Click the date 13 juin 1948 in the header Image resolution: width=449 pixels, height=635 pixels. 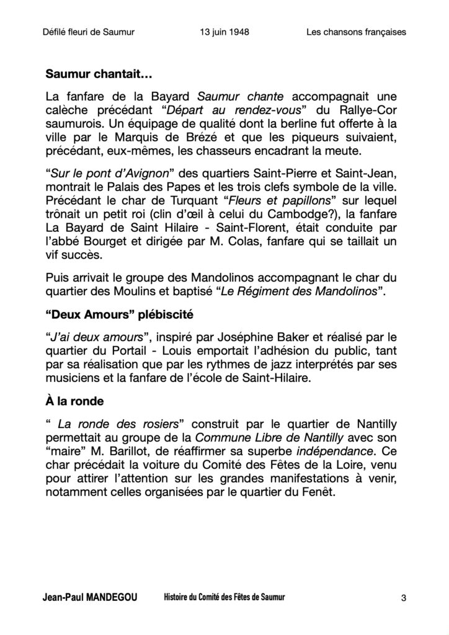pyautogui.click(x=225, y=30)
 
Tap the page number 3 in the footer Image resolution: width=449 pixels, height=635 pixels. pyautogui.click(x=404, y=598)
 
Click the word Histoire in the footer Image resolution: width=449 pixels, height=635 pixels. pyautogui.click(x=179, y=598)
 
